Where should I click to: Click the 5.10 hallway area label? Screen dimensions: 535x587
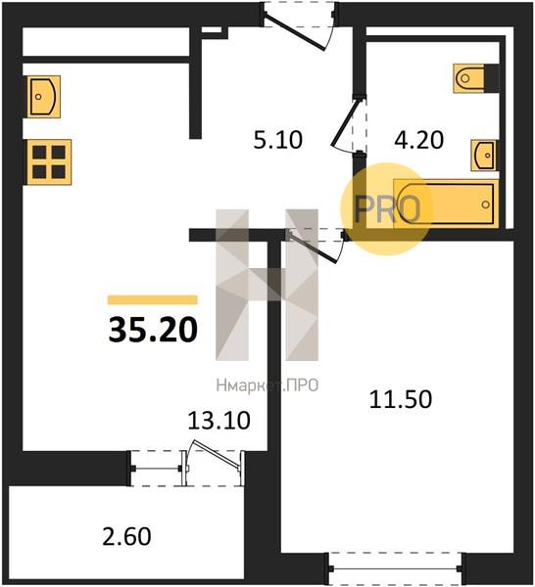coord(278,140)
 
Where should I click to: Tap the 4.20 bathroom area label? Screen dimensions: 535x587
coord(419,140)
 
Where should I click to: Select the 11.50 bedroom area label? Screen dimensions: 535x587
coord(401,399)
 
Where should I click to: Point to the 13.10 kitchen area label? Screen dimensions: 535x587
coord(219,421)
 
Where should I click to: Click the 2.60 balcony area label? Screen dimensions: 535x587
coord(126,536)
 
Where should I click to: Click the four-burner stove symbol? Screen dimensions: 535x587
coord(48,162)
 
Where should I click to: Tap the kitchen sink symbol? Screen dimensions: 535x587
coord(43,97)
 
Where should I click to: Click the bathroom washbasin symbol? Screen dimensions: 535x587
coord(484,156)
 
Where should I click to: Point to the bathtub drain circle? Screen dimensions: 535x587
coord(485,204)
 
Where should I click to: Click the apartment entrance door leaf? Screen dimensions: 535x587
coord(294,31)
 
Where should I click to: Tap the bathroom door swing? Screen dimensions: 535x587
coord(346,122)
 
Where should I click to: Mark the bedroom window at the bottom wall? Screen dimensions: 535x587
coord(395,568)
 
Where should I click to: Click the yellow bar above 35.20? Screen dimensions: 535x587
coord(153,300)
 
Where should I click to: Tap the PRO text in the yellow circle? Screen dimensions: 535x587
coord(387,209)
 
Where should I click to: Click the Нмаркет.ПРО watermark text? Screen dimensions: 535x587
coord(267,385)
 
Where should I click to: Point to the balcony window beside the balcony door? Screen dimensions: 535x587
coord(157,469)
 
